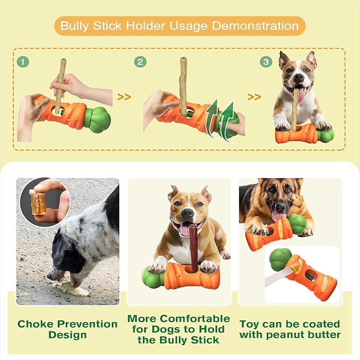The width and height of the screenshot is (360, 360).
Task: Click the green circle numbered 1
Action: click(x=23, y=62)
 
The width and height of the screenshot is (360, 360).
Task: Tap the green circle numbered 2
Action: click(x=141, y=62)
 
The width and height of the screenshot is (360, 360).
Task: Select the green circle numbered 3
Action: click(x=266, y=62)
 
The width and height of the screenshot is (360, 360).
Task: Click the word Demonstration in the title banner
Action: click(x=255, y=25)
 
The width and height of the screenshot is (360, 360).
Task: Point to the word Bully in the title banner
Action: click(x=74, y=26)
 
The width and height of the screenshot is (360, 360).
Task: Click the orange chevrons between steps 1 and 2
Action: click(x=124, y=97)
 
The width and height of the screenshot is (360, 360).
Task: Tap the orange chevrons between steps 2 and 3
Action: click(x=254, y=97)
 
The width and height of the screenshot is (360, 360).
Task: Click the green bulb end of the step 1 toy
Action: click(x=97, y=120)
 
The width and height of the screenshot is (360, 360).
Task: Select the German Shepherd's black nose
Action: click(x=280, y=207)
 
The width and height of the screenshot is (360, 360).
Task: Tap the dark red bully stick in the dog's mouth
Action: click(x=194, y=248)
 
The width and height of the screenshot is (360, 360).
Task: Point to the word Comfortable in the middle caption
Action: click(x=195, y=319)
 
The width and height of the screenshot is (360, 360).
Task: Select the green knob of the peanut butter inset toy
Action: click(x=280, y=260)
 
